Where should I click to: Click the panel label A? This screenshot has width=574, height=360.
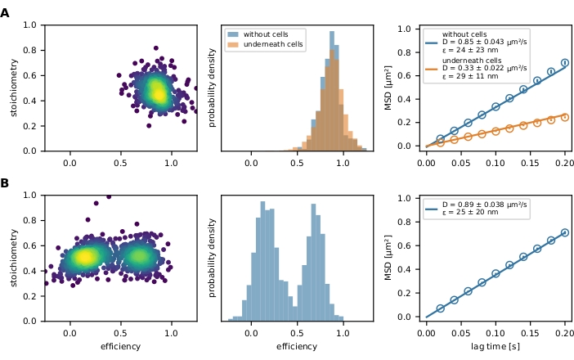click(6, 13)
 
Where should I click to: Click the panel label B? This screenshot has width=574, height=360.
click(6, 183)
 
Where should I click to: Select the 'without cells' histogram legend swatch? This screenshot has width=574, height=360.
click(233, 35)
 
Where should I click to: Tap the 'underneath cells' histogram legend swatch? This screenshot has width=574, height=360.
click(233, 44)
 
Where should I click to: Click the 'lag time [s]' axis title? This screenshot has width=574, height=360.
click(496, 347)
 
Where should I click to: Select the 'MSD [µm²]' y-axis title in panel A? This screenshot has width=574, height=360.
click(389, 88)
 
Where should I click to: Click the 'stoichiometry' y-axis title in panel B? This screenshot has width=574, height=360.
click(14, 258)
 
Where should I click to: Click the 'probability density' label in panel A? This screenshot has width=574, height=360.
click(212, 88)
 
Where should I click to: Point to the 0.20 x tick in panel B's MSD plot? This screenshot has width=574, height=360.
click(564, 332)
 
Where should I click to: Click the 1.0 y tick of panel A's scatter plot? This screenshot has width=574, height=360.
click(29, 25)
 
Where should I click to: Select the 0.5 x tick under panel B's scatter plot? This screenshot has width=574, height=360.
click(121, 332)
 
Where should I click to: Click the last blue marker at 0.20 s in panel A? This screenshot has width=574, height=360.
click(564, 63)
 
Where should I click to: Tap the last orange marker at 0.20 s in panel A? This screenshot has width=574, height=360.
click(564, 117)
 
